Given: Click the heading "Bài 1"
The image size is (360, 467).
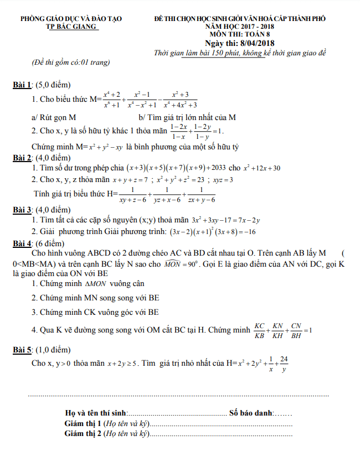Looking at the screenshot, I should coord(22,86).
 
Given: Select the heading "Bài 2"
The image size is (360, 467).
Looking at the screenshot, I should coord(22,158).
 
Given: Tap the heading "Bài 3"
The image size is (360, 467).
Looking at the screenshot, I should coord(22,210).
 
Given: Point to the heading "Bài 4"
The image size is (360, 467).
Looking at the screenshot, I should coord(22,243).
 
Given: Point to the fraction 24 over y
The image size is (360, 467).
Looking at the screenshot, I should coord(284,365).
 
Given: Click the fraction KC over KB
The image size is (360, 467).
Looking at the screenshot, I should coord(259,330).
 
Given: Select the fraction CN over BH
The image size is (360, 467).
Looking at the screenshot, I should coord(296,330).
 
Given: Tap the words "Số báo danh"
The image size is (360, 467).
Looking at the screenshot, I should coord(251,413).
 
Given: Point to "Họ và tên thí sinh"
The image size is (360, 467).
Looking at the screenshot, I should coord(95,413).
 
